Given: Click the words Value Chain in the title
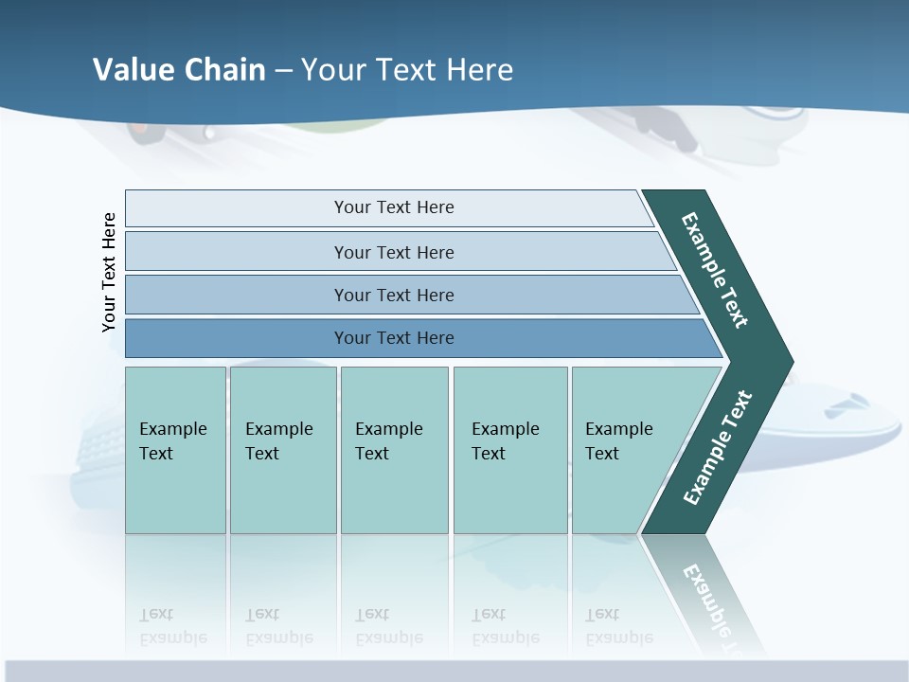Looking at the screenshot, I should pyautogui.click(x=179, y=70).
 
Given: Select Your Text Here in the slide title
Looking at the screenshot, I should pyautogui.click(x=407, y=70).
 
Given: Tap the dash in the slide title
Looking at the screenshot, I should pyautogui.click(x=283, y=71).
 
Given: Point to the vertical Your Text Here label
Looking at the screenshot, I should pyautogui.click(x=109, y=272).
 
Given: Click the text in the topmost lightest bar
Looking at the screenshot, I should pyautogui.click(x=394, y=207).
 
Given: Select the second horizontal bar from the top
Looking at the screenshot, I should pyautogui.click(x=394, y=252).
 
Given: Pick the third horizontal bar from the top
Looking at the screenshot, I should pyautogui.click(x=394, y=295).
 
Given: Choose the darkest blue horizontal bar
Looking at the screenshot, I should pyautogui.click(x=394, y=338).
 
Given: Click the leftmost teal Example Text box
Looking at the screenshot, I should pyautogui.click(x=175, y=450).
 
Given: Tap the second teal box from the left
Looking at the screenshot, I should pyautogui.click(x=282, y=450).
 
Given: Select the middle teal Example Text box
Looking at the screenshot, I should pyautogui.click(x=394, y=450).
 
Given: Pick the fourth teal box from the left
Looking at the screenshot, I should pyautogui.click(x=509, y=450).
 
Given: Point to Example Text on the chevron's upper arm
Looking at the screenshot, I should pyautogui.click(x=715, y=270).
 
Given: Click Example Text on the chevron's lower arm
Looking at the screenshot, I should pyautogui.click(x=717, y=448).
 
